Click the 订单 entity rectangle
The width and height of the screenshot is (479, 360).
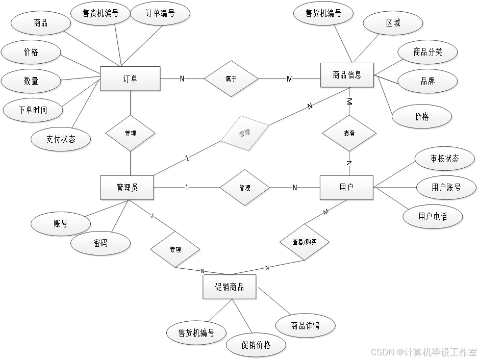[131, 79]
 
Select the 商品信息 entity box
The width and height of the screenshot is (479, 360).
[347, 75]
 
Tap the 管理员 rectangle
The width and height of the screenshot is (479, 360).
[127, 188]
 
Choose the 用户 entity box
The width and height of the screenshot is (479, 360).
[346, 188]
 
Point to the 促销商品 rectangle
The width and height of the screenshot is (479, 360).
[230, 287]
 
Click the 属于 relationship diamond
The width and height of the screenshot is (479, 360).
[231, 79]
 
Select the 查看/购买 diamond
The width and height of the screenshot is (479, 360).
[305, 242]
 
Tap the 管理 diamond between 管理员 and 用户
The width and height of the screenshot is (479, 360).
[245, 188]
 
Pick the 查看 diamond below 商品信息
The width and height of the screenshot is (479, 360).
[349, 133]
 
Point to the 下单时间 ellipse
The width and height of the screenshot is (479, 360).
[33, 110]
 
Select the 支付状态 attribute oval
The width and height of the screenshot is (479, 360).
[61, 139]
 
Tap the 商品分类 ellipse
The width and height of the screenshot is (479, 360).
[427, 52]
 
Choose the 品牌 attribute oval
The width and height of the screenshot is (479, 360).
[427, 81]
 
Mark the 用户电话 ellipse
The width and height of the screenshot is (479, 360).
[433, 217]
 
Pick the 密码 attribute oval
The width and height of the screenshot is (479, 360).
[100, 244]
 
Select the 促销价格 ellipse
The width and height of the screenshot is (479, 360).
[256, 345]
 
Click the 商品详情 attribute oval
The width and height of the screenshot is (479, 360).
[305, 325]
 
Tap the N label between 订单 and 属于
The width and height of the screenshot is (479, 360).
[182, 79]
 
